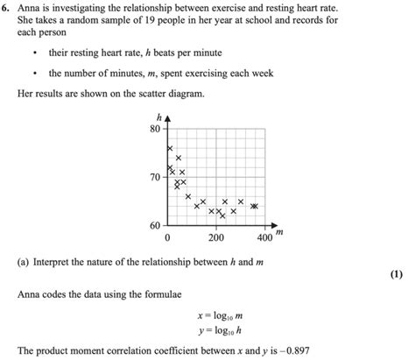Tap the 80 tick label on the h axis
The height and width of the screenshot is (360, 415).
point(155,129)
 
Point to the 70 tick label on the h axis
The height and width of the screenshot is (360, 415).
point(155,177)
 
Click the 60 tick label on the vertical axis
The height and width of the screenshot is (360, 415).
point(155,225)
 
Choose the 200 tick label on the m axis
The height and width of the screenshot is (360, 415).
point(215,238)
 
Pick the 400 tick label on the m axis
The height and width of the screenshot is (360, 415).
point(264,238)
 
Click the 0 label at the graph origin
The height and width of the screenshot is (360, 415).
point(166,238)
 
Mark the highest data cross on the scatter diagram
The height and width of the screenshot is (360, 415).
point(170,148)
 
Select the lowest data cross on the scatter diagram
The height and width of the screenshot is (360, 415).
point(222,215)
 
